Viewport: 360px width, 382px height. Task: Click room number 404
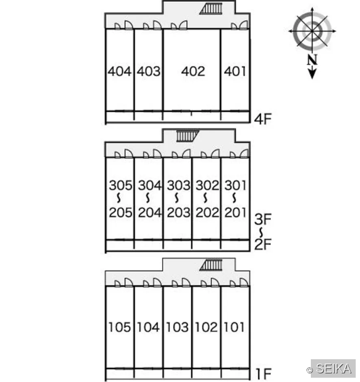[119, 71]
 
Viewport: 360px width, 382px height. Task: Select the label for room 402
[193, 71]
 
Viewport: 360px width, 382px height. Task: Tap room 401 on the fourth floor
[235, 71]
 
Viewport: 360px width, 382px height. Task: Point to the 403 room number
[149, 71]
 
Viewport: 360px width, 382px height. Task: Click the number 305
[120, 185]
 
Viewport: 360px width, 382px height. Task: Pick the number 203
[178, 212]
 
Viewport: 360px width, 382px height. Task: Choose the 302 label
[207, 185]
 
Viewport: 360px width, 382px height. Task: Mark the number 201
[235, 212]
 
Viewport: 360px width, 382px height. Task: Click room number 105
[119, 327]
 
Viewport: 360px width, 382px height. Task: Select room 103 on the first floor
[177, 327]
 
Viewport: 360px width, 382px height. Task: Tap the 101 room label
[234, 327]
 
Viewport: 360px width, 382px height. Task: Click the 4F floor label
[263, 119]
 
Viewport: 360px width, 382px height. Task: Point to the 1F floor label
[264, 373]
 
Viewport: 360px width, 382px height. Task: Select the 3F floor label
[263, 219]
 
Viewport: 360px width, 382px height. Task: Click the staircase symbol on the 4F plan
[211, 9]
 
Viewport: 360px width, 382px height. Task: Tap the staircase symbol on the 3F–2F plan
[188, 136]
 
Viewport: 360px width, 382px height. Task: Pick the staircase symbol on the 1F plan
[211, 265]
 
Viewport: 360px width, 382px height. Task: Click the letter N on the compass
[312, 60]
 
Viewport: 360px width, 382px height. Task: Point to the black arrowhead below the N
[312, 74]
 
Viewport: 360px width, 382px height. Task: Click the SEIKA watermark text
[334, 368]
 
